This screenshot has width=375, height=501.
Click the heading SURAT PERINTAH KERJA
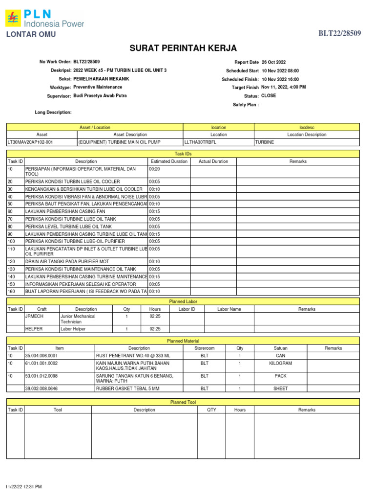pyautogui.click(x=183, y=48)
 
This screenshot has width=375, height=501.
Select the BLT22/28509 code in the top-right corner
pyautogui.click(x=340, y=33)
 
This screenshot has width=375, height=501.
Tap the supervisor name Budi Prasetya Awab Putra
pyautogui.click(x=100, y=96)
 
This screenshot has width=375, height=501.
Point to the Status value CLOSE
pyautogui.click(x=269, y=96)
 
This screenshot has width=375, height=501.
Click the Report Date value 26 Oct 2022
pyautogui.click(x=274, y=62)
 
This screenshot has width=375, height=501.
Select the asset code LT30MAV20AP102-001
pyautogui.click(x=30, y=142)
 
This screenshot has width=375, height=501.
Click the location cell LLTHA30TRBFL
pyautogui.click(x=200, y=142)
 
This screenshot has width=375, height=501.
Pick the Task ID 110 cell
pyautogui.click(x=12, y=249)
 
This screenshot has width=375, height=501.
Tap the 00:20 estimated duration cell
pyautogui.click(x=154, y=169)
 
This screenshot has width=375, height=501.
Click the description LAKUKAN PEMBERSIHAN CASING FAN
pyautogui.click(x=65, y=211)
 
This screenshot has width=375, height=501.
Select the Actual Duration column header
pyautogui.click(x=213, y=161)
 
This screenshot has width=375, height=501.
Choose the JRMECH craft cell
pyautogui.click(x=34, y=316)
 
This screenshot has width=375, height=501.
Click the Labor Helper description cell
pyautogui.click(x=73, y=329)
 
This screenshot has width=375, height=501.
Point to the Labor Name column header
pyautogui.click(x=229, y=309)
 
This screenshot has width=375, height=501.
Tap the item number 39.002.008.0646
pyautogui.click(x=41, y=388)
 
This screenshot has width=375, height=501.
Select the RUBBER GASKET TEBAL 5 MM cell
pyautogui.click(x=127, y=388)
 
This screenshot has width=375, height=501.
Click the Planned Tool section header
pyautogui.click(x=183, y=402)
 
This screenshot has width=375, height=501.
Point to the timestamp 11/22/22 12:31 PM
pyautogui.click(x=23, y=487)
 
